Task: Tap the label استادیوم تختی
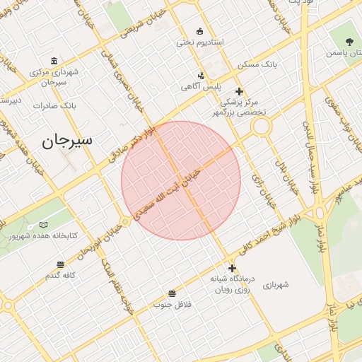pyautogui.click(x=199, y=42)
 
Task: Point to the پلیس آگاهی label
pyautogui.click(x=201, y=86)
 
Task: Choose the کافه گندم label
pyautogui.click(x=61, y=275)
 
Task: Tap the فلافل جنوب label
pyautogui.click(x=173, y=304)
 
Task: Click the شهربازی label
pyautogui.click(x=276, y=285)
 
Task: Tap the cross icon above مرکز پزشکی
pyautogui.click(x=239, y=91)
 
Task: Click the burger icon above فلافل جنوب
pyautogui.click(x=173, y=293)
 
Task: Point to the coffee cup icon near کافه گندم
pyautogui.click(x=61, y=264)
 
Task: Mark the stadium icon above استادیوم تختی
pyautogui.click(x=199, y=31)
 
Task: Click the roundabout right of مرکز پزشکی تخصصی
pyautogui.click(x=261, y=127)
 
